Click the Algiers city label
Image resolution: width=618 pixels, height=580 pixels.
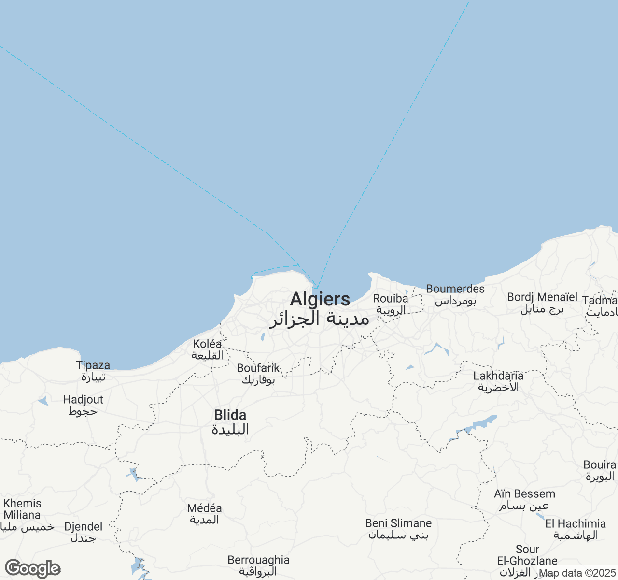320,300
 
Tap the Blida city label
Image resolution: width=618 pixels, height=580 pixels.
230,415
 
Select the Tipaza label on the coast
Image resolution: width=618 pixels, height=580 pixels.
93,365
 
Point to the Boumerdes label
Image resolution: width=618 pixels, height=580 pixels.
455,289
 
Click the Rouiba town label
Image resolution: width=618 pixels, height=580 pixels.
390,299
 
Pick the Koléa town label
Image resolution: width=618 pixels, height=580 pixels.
207,344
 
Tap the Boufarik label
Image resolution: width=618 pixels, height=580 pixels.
258,368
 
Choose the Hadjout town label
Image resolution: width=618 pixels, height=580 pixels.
83,400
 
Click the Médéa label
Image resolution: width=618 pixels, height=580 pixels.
204,508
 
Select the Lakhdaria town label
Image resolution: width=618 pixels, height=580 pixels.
498,376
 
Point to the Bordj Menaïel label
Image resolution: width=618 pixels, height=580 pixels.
542,297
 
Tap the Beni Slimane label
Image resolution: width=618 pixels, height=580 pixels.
398,523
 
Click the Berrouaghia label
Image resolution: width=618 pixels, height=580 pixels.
258,560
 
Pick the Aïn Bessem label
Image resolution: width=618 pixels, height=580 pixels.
524,494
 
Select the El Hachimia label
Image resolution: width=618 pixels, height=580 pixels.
576,524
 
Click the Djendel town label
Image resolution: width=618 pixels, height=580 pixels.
84,527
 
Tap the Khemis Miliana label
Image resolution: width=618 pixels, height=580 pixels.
22,509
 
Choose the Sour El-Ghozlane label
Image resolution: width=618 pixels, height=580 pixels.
527,555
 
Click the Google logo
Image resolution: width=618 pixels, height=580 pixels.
32,568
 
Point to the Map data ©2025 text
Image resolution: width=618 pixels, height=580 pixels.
577,573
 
